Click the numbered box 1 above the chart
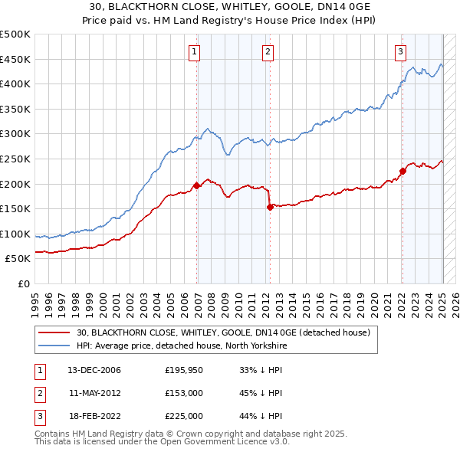point(195,52)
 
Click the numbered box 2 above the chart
point(268,52)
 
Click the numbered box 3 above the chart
point(400,52)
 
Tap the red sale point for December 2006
point(197,185)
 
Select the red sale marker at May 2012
point(270,206)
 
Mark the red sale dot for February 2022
point(402,171)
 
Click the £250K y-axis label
point(15,159)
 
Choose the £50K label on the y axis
point(18,258)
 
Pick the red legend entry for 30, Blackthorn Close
point(223,332)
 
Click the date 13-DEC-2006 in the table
point(94,370)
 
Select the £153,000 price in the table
point(184,393)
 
